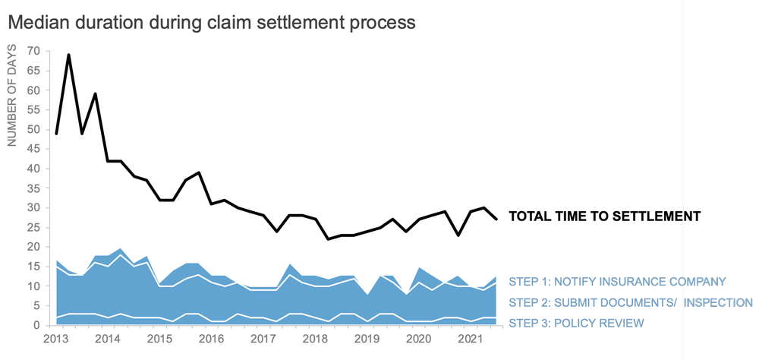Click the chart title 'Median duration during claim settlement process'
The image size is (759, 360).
pos(212,22)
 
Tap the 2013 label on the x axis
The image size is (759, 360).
pos(57,338)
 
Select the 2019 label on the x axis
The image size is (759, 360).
pos(367,338)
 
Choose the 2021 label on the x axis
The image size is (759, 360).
pos(471,338)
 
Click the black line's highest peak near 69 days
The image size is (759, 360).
pos(70,55)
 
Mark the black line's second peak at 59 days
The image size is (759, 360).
pos(96,94)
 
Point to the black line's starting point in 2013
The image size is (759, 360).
pos(57,133)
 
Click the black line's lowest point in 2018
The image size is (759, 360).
pos(328,239)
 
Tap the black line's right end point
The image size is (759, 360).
pos(496,219)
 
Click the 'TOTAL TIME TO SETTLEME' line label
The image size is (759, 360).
pos(596,216)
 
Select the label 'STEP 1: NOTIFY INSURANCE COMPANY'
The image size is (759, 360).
pos(617,281)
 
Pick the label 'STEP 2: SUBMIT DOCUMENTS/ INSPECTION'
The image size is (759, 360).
pos(630,302)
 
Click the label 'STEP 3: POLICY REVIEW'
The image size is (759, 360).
pos(576,323)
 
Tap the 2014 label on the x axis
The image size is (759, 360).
pos(109,338)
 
